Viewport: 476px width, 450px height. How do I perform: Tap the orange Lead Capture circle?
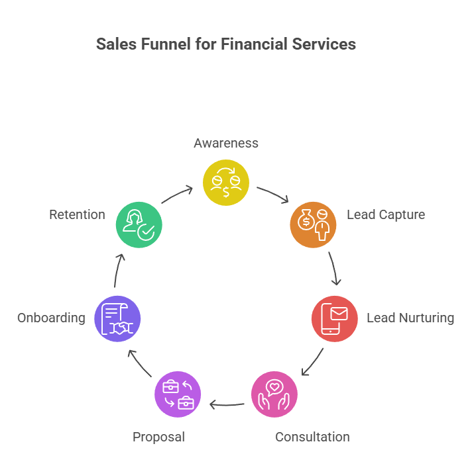click(314, 224)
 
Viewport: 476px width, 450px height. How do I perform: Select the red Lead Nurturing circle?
click(335, 318)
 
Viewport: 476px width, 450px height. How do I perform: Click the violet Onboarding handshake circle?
click(117, 318)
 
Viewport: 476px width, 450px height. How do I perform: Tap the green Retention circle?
click(139, 224)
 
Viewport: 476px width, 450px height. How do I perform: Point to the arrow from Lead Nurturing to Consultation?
click(312, 363)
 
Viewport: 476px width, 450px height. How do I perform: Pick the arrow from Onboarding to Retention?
click(118, 270)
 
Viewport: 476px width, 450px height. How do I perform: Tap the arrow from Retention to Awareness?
click(176, 194)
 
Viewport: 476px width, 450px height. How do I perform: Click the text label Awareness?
click(225, 143)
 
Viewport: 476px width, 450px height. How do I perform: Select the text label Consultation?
click(312, 437)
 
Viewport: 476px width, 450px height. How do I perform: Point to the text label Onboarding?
click(51, 318)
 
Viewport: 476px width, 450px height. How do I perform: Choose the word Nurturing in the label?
click(426, 318)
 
